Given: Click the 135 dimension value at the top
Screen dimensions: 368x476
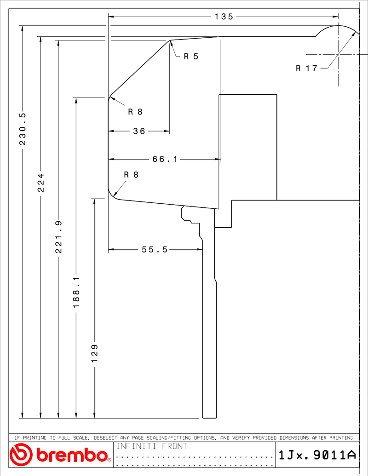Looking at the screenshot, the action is tap(224, 17).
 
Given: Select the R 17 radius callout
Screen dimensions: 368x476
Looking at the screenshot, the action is tap(306, 69).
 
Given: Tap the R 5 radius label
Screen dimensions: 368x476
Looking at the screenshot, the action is tap(191, 56).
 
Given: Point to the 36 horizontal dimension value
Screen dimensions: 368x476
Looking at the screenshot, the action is tap(139, 131).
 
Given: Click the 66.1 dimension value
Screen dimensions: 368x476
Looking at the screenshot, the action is tap(165, 159).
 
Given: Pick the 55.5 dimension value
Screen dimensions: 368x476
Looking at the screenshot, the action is tap(155, 250).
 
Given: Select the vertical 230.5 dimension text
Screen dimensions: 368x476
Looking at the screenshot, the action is tap(23, 129).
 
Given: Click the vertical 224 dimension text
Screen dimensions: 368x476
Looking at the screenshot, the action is tap(40, 183).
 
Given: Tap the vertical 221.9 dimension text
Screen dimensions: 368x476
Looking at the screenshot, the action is tap(58, 237).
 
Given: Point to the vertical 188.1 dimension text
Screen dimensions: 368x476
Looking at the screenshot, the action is tap(76, 292).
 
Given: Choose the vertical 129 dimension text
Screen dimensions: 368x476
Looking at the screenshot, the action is tap(94, 353).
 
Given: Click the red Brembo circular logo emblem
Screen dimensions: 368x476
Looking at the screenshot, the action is tap(21, 454).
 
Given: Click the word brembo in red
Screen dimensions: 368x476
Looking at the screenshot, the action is tap(72, 455).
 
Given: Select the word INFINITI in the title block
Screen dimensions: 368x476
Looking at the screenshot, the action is tap(136, 446).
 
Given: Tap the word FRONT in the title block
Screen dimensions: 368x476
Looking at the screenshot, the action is tap(175, 446).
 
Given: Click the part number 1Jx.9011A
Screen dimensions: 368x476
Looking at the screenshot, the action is tap(317, 455).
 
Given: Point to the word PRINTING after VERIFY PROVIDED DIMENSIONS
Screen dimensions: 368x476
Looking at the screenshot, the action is tap(341, 438).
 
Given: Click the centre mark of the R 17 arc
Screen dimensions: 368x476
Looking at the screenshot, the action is tap(338, 55).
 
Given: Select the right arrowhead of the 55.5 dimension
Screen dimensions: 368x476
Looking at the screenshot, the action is tap(200, 250).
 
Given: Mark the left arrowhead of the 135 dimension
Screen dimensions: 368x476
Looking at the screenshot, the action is tap(111, 17).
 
